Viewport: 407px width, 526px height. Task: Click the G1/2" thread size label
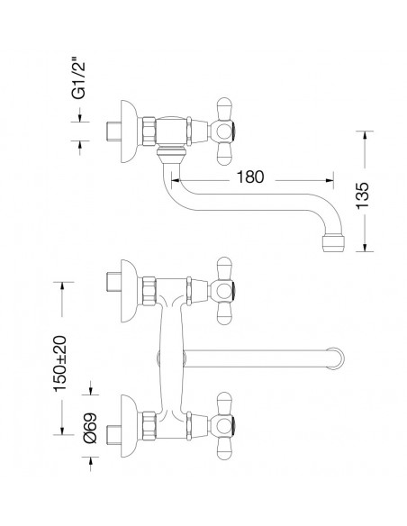point(78,80)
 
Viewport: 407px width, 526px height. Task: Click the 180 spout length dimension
point(250,177)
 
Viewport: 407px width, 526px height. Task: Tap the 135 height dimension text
point(362,196)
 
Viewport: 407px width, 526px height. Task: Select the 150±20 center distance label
point(60,364)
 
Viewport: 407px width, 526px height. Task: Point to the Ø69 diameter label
point(90,428)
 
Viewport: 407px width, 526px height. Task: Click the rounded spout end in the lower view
point(336,358)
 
